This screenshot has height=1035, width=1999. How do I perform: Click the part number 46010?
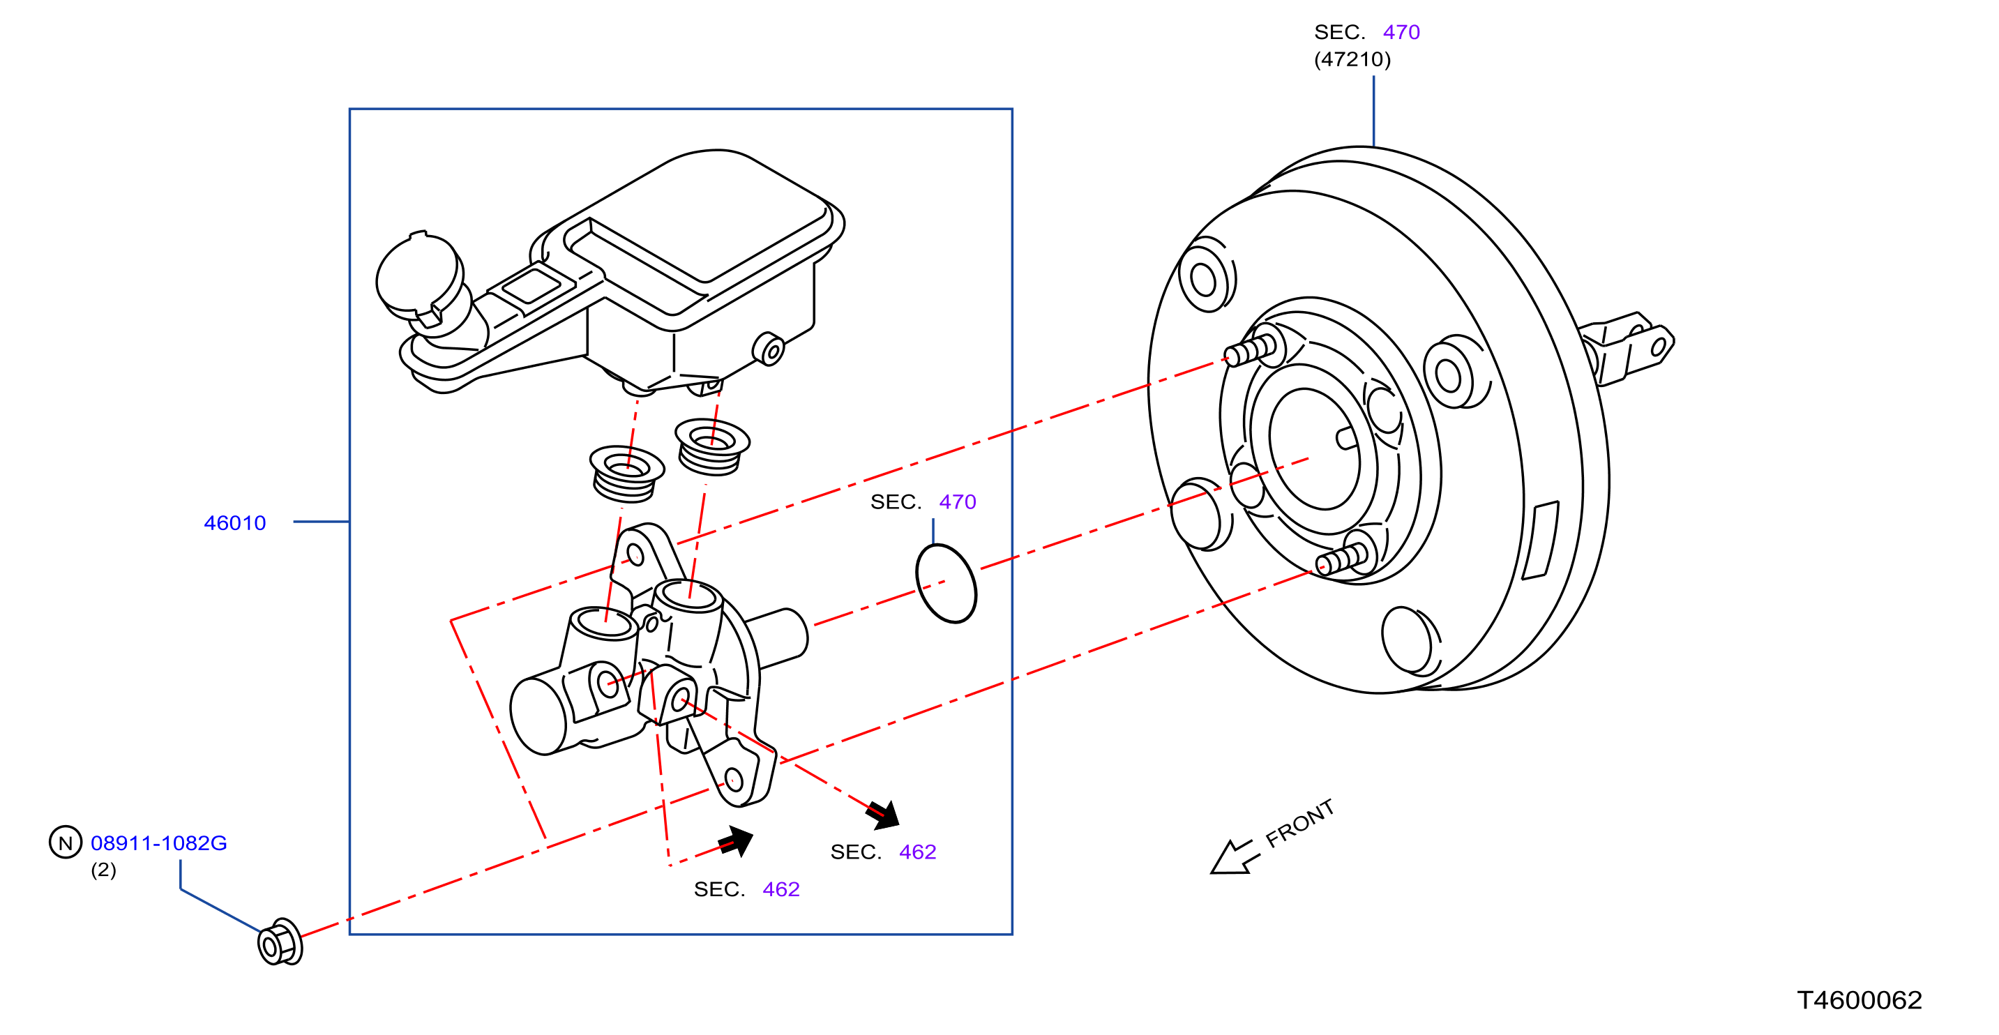point(234,523)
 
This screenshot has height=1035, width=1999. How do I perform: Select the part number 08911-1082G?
point(159,843)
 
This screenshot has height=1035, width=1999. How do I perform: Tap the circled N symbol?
point(65,842)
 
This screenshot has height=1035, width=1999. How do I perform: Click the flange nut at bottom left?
point(280,942)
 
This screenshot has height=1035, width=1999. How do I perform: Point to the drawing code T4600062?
point(1860,1000)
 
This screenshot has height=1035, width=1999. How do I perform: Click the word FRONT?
point(1301,823)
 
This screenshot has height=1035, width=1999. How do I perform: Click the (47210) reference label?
point(1352,59)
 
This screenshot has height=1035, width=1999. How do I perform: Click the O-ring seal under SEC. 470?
point(946,584)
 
